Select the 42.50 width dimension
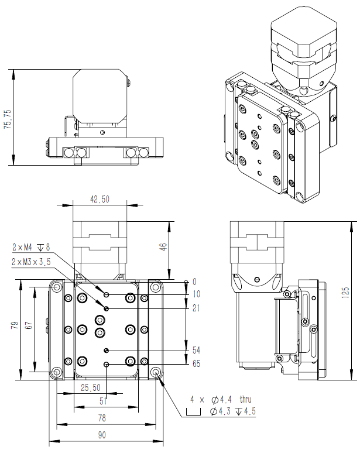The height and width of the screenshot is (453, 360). click(100, 199)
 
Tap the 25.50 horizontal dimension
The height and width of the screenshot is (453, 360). click(90, 387)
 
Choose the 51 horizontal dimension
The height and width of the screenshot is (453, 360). click(103, 401)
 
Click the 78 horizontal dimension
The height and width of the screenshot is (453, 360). click(102, 418)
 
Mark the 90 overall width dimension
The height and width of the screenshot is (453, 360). click(102, 434)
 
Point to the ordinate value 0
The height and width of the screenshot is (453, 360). click(194, 282)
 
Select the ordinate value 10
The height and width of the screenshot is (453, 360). click(196, 294)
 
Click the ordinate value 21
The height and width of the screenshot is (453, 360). click(196, 308)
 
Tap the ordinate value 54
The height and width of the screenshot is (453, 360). click(196, 350)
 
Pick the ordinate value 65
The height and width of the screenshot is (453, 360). click(196, 363)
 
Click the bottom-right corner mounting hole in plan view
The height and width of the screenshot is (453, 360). click(156, 372)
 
